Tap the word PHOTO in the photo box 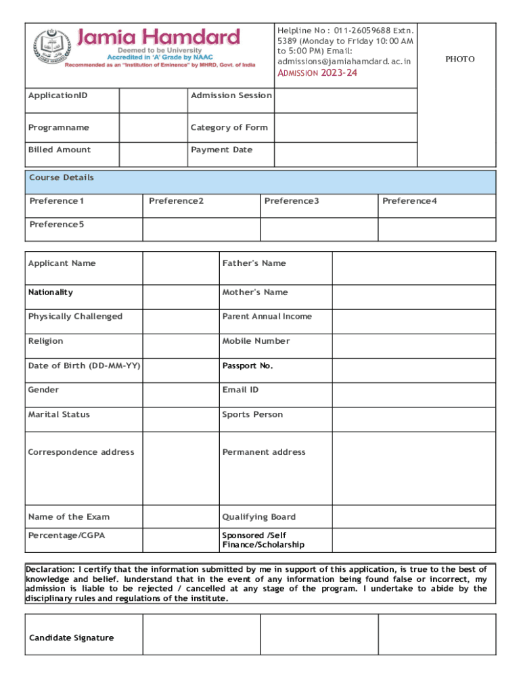pos(459,60)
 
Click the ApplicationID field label pos(58,95)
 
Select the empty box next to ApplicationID pos(153,101)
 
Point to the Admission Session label pos(231,95)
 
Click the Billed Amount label pos(59,150)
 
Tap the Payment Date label pos(221,150)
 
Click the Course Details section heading pos(62,178)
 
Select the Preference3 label pos(292,201)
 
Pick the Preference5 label pos(57,224)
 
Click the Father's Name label pos(254,263)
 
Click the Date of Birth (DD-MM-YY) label pos(84,365)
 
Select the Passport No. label pos(248,365)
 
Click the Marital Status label pos(59,414)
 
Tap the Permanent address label pos(264,452)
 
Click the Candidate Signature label pos(71,638)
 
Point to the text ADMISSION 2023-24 pos(317,73)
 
